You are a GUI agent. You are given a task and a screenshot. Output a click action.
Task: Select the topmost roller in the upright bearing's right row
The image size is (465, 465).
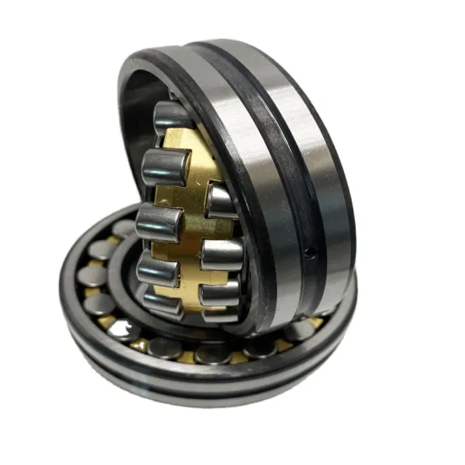click(222, 201)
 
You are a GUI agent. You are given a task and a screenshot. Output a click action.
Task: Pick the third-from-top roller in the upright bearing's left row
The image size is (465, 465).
click(159, 222)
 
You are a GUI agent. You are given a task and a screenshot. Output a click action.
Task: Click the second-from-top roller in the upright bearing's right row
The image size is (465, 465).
click(222, 253)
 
